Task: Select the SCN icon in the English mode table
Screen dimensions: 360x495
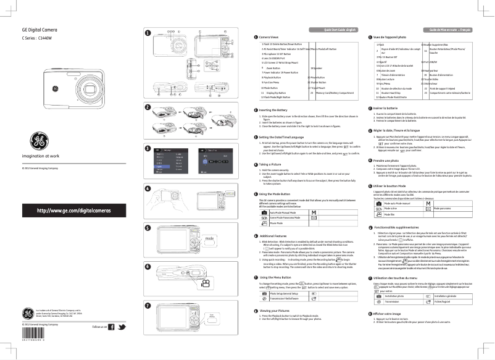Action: tap(265, 218)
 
